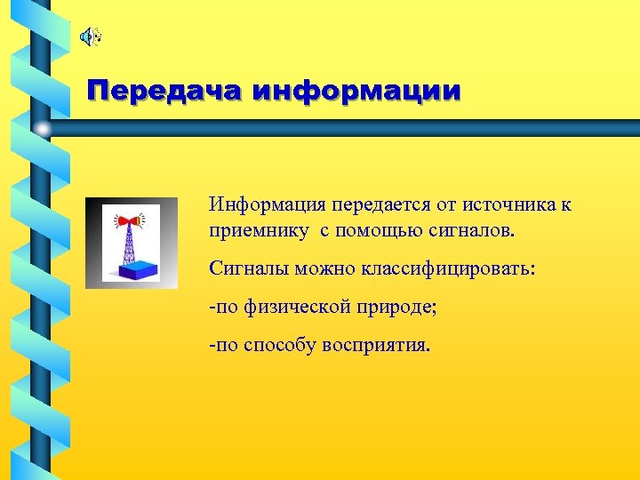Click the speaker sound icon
(90, 36)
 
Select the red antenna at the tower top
(130, 218)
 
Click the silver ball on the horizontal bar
(42, 129)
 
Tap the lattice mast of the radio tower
(130, 242)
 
